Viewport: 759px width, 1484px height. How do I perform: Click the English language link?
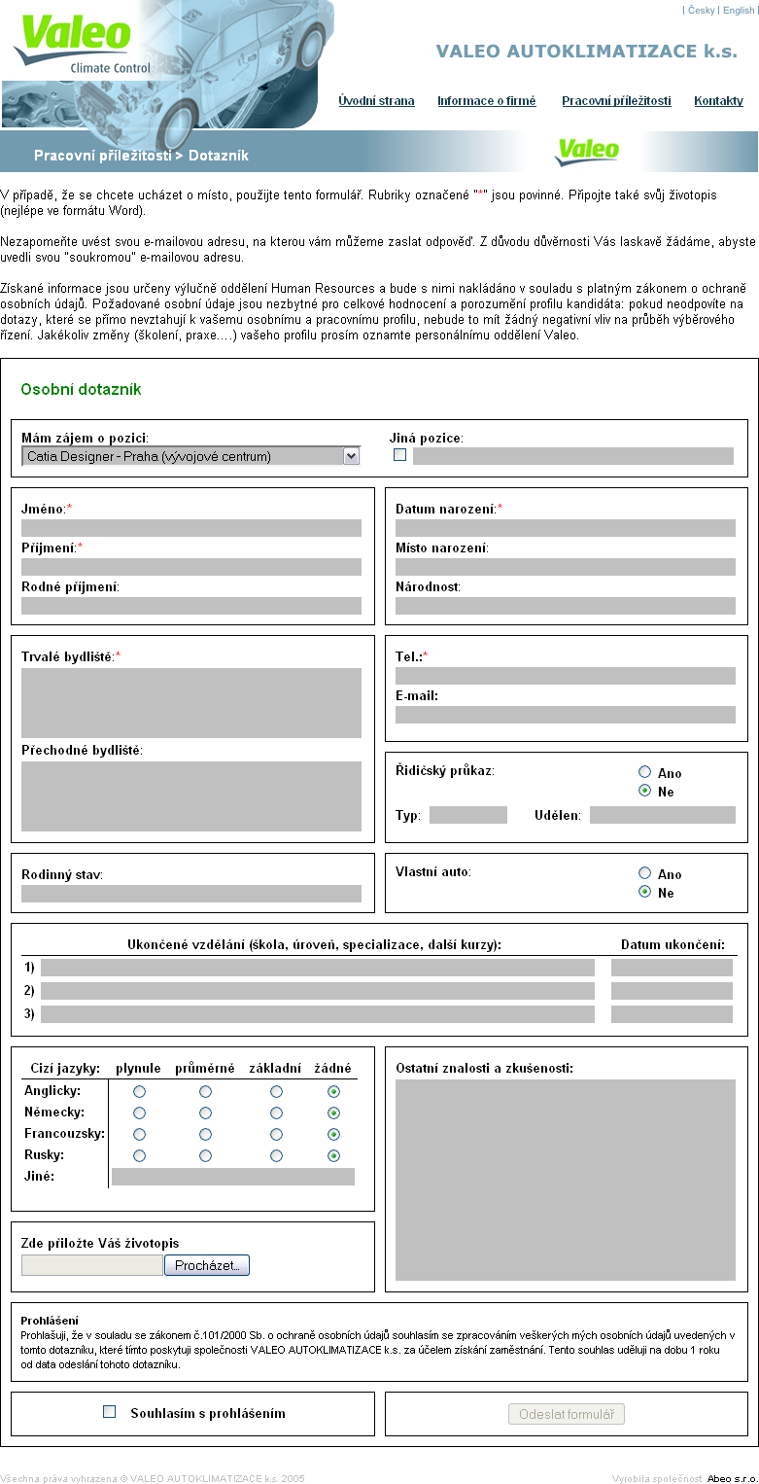738,11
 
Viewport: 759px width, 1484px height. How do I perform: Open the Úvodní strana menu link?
376,101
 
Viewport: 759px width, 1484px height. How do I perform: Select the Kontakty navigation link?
718,101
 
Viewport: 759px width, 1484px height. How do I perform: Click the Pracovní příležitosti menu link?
616,101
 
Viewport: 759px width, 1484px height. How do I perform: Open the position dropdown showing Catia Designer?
190,456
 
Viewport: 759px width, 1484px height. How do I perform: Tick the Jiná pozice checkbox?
399,455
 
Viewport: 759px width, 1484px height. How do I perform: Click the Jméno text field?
191,528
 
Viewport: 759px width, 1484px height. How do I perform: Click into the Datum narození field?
566,528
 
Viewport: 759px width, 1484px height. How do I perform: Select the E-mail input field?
566,715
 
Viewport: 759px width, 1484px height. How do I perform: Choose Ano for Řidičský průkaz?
644,772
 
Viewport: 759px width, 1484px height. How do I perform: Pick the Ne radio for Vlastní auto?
644,892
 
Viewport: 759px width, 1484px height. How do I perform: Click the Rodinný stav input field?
191,894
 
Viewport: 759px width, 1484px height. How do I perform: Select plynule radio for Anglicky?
139,1092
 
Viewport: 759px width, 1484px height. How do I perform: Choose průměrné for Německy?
205,1113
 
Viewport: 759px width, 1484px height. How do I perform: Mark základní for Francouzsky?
276,1135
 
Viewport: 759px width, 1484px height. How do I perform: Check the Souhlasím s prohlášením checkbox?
110,1412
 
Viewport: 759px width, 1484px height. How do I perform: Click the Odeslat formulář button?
567,1414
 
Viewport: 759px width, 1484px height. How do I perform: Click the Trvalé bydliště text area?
191,703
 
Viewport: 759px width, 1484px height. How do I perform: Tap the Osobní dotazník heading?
82,390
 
